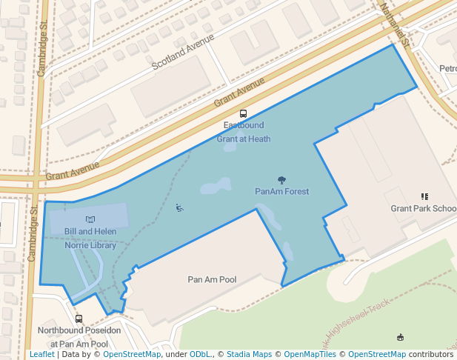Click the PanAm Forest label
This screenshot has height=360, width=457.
click(x=281, y=191)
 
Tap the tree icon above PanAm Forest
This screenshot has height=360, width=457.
click(x=281, y=179)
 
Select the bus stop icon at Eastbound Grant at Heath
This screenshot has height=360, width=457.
click(x=244, y=114)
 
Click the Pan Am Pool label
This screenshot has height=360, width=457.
click(x=212, y=279)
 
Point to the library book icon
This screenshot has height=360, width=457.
click(x=91, y=219)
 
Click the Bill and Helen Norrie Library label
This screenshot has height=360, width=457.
click(x=90, y=238)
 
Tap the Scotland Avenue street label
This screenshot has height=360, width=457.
click(x=183, y=51)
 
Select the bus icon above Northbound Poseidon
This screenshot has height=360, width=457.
click(x=79, y=319)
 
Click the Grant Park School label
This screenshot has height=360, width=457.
click(x=424, y=208)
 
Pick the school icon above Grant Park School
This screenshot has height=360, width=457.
click(x=424, y=196)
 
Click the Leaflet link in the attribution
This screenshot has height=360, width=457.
click(x=42, y=354)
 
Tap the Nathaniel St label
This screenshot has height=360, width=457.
click(x=393, y=22)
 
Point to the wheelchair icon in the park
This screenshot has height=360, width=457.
click(x=179, y=207)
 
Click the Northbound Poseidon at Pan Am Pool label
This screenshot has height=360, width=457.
click(x=79, y=337)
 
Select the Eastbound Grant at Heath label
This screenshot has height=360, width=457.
click(x=244, y=132)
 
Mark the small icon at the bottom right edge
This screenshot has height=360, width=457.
click(x=401, y=338)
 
